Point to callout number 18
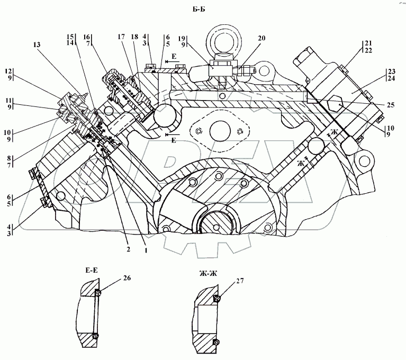pos(134,37)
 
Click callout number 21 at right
pos(368,43)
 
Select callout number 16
pos(87,37)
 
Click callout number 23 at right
pos(392,71)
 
